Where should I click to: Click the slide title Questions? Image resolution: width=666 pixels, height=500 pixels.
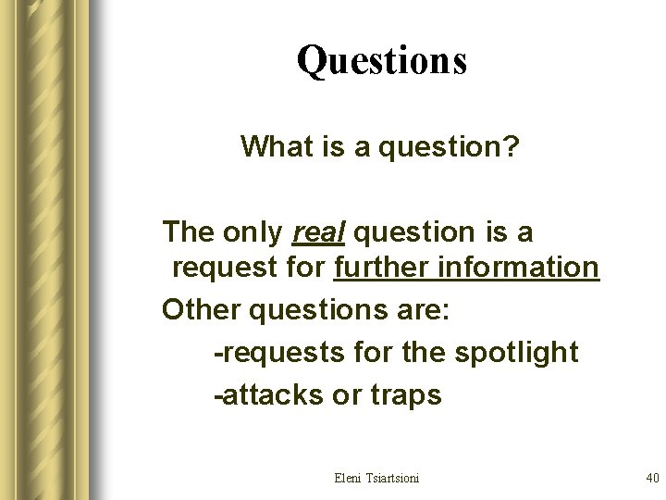(382, 61)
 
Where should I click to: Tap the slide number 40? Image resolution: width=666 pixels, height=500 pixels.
(651, 478)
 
